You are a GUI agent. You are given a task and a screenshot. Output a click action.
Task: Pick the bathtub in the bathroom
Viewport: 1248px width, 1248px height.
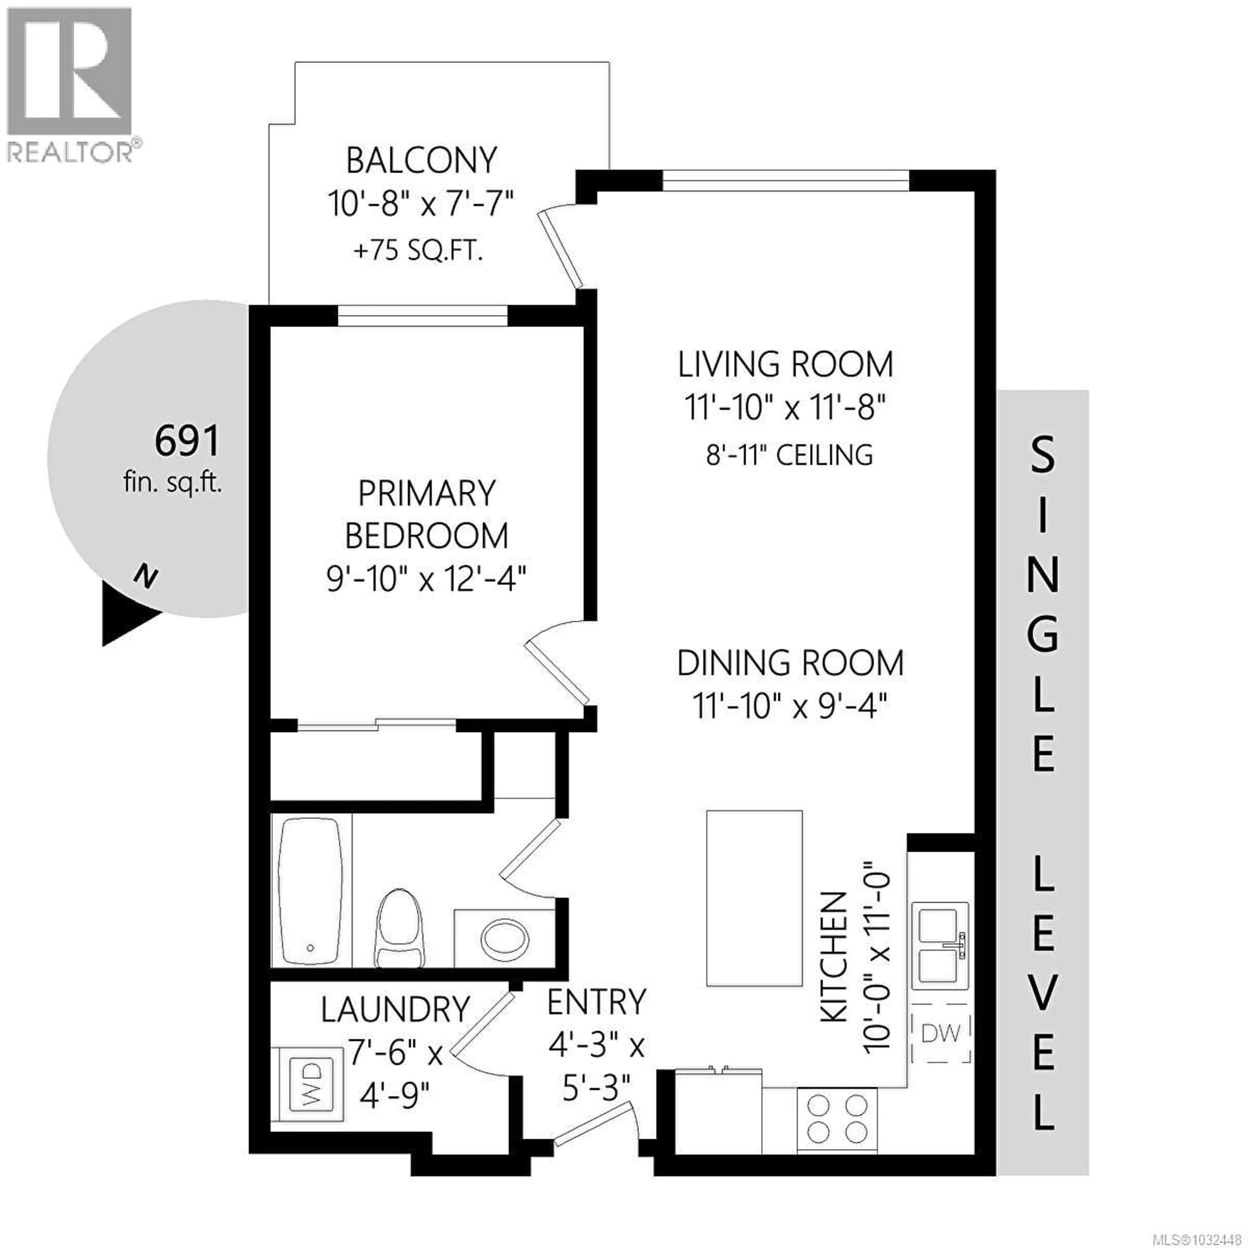tap(311, 891)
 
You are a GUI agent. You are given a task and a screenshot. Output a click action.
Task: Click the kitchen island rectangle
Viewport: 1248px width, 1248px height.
tap(754, 898)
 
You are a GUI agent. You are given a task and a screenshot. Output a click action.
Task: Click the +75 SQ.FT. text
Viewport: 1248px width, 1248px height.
tap(419, 251)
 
